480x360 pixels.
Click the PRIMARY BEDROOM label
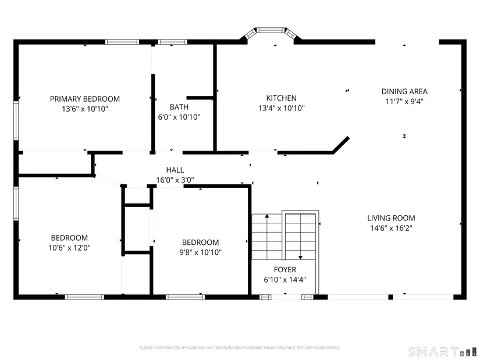coord(85,99)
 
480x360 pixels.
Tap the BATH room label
coord(179,107)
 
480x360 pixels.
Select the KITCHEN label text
coord(282,98)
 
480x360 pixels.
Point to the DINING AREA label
coord(404,91)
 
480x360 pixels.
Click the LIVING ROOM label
coord(391,218)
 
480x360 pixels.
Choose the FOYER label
coord(285,270)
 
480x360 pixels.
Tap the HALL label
coord(175,170)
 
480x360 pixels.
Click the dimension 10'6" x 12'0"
coord(69,248)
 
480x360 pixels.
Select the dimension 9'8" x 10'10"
coord(201,252)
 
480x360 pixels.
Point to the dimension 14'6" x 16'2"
coord(391,228)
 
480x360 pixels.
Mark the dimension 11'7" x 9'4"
coord(404,101)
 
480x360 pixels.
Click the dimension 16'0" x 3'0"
coord(175,180)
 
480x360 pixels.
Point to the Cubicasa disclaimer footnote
coord(240,348)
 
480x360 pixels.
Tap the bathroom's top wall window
coord(173,42)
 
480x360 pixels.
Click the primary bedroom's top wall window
coord(122,42)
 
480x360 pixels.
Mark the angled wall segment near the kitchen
coord(341,145)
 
